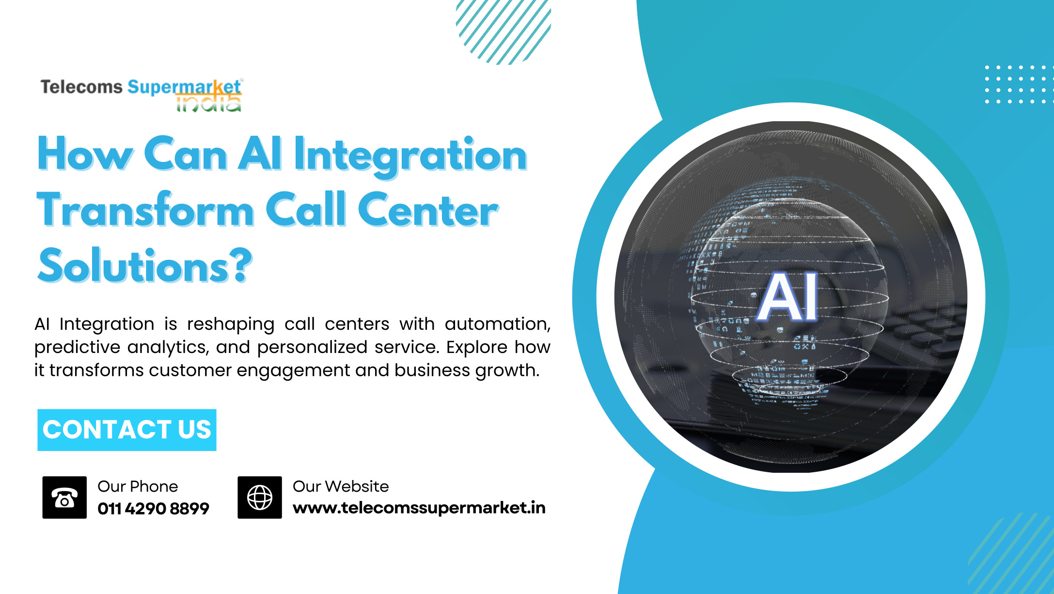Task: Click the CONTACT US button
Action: coord(127,430)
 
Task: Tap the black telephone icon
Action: coord(64,498)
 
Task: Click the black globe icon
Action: coord(260,498)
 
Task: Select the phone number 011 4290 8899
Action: coord(153,509)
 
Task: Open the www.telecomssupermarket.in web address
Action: coord(419,508)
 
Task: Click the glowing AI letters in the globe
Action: coord(788,297)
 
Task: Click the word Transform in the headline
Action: coord(146,209)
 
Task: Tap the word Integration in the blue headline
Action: coord(410,155)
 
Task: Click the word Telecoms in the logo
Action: coord(81,87)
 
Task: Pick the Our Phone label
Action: coord(138,486)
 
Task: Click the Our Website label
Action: coord(341,486)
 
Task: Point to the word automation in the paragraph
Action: coord(498,324)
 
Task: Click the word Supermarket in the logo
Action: coord(184,87)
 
